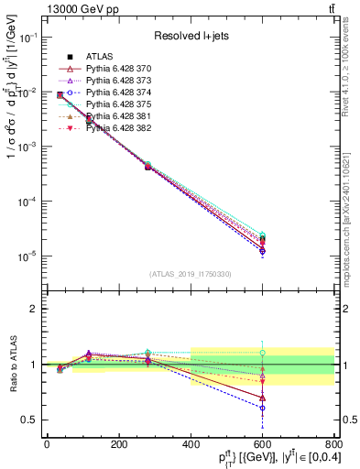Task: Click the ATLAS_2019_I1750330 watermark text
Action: [191, 274]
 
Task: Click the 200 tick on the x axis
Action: [118, 443]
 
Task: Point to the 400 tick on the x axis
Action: [191, 443]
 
